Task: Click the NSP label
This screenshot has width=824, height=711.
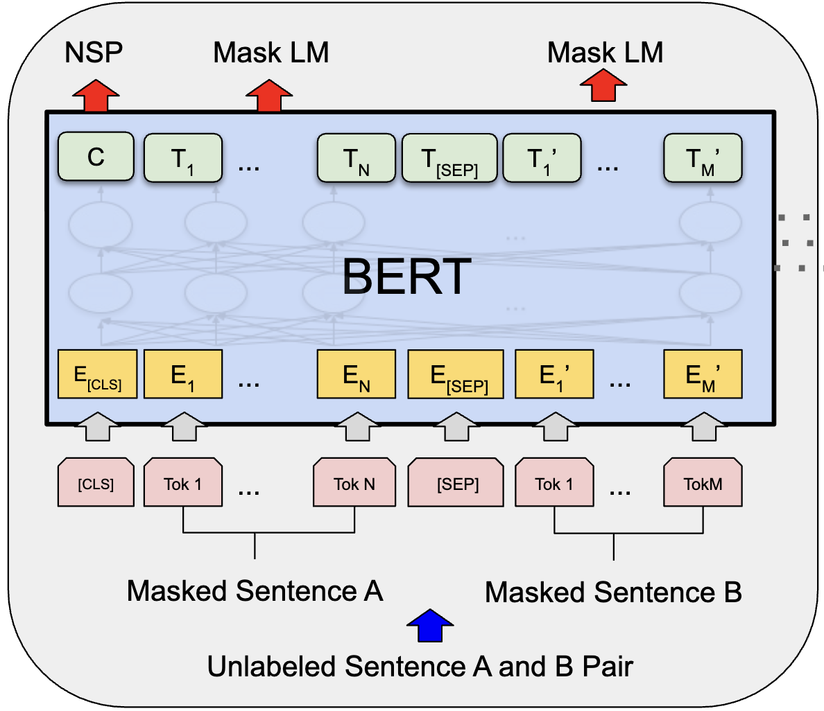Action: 94,53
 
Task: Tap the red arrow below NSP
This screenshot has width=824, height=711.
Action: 96,95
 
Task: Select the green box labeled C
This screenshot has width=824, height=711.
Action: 96,157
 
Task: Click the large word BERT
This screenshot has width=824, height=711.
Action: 407,276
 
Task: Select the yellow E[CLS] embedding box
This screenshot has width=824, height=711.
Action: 96,375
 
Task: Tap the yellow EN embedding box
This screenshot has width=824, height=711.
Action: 356,375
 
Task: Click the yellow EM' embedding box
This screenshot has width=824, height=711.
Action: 703,375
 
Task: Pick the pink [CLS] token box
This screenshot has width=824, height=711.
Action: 96,483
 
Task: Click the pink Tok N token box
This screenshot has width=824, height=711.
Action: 354,483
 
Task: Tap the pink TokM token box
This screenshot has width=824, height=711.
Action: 703,483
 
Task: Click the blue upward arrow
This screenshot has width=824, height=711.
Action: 430,626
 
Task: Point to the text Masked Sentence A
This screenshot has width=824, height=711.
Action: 255,591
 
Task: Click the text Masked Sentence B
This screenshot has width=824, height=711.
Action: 613,592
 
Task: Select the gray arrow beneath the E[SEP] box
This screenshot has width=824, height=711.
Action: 456,427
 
